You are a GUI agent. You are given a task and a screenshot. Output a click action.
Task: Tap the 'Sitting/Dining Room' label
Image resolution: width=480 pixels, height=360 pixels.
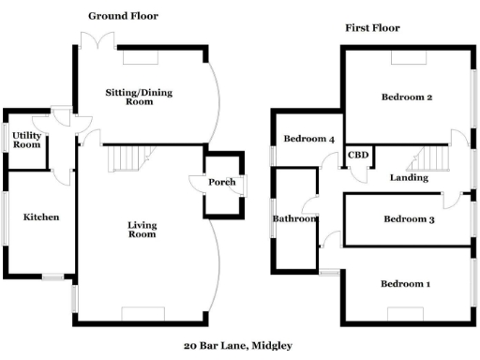[x=140, y=97]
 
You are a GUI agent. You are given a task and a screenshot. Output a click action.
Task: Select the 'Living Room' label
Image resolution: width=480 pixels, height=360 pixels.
[x=142, y=230]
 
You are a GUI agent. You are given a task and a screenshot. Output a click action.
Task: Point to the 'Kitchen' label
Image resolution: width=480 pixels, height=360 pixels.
[x=41, y=217]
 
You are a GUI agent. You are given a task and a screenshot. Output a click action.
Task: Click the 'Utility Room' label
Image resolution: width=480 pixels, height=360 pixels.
[x=26, y=141]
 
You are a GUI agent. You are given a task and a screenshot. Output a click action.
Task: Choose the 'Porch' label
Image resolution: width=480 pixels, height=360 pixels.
[x=222, y=182]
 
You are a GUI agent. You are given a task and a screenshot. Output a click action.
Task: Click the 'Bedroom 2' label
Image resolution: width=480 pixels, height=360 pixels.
[x=406, y=97]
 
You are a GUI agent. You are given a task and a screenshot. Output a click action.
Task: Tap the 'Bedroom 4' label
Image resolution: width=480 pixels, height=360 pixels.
[x=309, y=140]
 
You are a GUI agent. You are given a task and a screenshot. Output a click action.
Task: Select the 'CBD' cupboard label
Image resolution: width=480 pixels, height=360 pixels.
[x=356, y=156]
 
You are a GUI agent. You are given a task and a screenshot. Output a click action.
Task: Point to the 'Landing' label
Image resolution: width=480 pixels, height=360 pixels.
[x=409, y=177]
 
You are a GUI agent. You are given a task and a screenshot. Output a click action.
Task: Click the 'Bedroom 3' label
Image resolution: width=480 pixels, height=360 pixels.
[x=409, y=219]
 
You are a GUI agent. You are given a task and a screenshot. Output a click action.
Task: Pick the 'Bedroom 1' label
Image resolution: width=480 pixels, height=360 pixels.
[x=406, y=284]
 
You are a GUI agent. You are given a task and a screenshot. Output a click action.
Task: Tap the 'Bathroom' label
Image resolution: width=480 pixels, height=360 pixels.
[x=293, y=219]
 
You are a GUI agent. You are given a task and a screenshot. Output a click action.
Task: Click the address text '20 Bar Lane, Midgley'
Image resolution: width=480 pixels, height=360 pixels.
[x=238, y=345]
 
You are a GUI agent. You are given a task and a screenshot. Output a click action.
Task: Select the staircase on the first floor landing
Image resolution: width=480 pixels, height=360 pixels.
[x=432, y=157]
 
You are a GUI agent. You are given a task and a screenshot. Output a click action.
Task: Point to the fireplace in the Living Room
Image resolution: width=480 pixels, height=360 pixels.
[x=142, y=313]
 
